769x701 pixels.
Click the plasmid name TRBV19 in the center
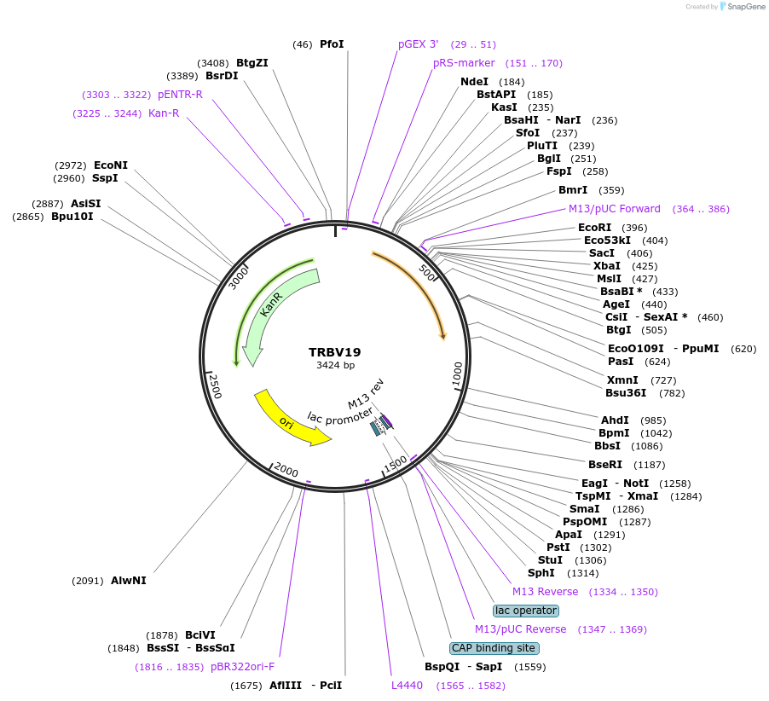pos(334,351)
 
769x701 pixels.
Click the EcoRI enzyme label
pos(594,228)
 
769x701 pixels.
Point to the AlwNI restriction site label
pos(128,581)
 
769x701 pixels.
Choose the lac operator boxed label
pos(526,611)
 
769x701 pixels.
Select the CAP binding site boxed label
pos(494,648)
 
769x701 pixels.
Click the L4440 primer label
pos(407,686)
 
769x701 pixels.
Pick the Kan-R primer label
pos(164,113)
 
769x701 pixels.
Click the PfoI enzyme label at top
pos(332,44)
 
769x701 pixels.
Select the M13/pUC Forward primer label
pos(615,209)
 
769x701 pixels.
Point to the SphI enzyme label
pos(541,573)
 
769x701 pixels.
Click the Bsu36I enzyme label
pos(626,393)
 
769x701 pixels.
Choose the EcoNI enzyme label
pos(111,165)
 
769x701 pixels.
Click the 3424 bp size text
pos(334,365)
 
